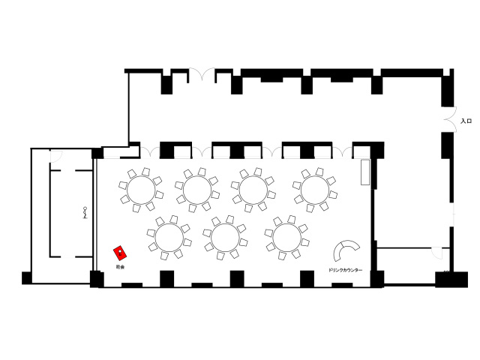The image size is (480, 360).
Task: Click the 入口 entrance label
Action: coord(466,121)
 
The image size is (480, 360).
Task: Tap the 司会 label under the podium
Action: coord(120,266)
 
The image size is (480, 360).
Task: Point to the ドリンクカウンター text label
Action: coord(345,269)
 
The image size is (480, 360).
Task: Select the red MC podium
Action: coord(119,253)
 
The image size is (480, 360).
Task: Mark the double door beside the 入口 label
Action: coord(447,120)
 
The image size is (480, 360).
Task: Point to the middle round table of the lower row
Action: coord(225,237)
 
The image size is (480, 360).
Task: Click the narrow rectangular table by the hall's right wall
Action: coord(365,172)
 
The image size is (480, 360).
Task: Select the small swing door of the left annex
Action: coord(54,156)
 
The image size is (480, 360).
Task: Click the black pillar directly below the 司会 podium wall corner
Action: coord(97,279)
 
